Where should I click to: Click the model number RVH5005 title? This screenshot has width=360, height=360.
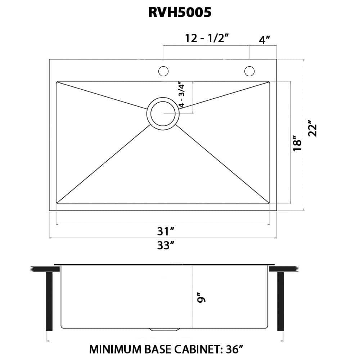(180, 13)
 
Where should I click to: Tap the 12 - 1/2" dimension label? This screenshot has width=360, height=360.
(207, 38)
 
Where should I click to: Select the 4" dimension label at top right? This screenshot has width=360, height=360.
(265, 40)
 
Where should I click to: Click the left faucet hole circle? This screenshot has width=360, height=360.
(163, 71)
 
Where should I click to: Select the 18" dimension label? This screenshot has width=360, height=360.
(297, 143)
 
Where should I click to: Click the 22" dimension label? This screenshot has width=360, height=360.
(313, 130)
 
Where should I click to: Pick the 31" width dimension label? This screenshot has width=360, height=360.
(166, 231)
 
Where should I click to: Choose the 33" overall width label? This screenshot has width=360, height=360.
(166, 246)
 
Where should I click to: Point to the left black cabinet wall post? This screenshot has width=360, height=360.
(49, 301)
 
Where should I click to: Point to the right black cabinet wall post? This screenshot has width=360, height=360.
(280, 301)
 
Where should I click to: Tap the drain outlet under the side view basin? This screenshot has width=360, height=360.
(165, 329)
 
